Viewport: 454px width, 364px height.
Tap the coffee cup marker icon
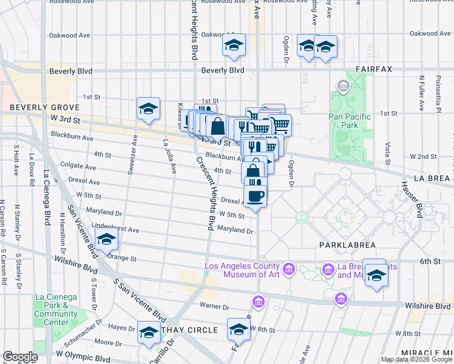click(x=256, y=196)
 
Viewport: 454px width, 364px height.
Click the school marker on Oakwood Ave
click(x=234, y=45)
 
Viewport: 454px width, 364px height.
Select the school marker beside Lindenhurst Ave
click(x=106, y=239)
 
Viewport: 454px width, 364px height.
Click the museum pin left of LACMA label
click(x=288, y=268)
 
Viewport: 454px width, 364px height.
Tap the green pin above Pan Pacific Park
click(x=344, y=87)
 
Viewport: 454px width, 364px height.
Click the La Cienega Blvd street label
click(x=47, y=200)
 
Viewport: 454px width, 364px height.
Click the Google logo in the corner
click(x=20, y=357)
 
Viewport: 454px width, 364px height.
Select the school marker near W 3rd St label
click(x=148, y=109)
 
